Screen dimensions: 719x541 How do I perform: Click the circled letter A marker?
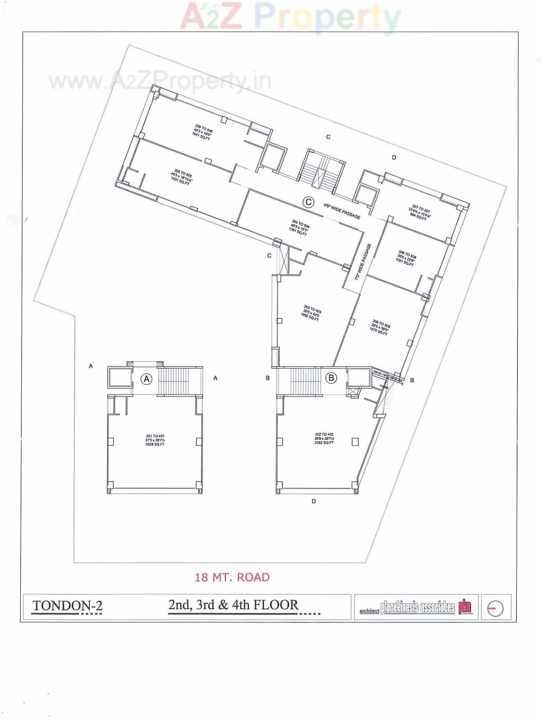coord(147,379)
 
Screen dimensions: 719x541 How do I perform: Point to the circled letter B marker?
coord(331,378)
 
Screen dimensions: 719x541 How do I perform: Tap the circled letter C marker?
coord(308,202)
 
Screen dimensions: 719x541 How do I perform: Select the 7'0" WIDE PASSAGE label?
coord(362,261)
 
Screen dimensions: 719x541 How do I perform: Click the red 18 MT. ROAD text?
coord(232,577)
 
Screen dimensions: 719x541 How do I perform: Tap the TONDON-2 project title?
coord(68,606)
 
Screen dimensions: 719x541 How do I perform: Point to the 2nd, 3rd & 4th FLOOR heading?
coord(233,605)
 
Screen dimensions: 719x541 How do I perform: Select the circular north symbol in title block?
coord(495,608)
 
